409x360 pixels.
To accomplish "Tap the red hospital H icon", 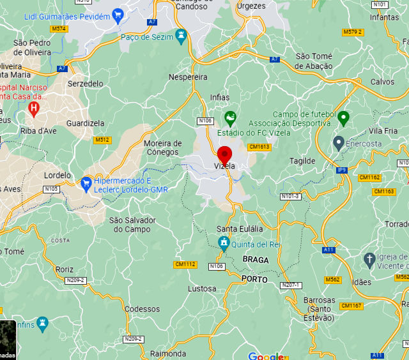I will click(34, 109).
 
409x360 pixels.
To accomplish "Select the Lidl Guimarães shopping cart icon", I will click(118, 15).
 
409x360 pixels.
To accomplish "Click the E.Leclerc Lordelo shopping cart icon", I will click(86, 184).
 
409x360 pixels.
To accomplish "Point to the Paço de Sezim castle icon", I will click(181, 37).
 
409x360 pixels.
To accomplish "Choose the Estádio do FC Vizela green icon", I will click(230, 119).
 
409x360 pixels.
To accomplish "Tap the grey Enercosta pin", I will click(339, 142).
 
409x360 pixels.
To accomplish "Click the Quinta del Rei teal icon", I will click(224, 243).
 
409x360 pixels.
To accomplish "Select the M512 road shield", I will click(102, 140).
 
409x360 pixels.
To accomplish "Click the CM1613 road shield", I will click(259, 147).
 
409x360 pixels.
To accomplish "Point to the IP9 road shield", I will click(342, 170).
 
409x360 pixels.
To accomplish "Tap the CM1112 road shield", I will click(185, 264).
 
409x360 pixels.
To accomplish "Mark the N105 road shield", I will click(52, 189).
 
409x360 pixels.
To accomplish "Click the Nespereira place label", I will click(188, 77).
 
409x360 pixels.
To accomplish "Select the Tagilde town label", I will click(303, 161).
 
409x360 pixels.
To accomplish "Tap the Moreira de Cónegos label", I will click(163, 147).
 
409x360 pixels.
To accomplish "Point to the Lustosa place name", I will click(202, 289).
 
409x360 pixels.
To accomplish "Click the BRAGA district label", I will click(256, 260).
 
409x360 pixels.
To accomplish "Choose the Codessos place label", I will click(143, 309).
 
